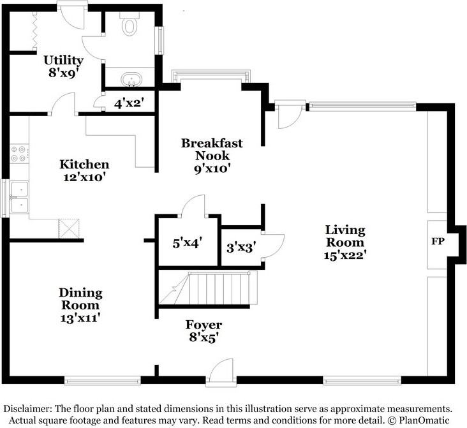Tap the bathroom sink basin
131,78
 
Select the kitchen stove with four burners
19,153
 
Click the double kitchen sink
19,197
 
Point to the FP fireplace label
438,241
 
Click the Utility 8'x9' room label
63,66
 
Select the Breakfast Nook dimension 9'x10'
212,169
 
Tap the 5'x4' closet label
188,243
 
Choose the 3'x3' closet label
241,247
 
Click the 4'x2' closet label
129,103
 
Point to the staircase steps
219,288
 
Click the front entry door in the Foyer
221,373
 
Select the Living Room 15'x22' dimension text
345,255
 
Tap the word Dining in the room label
81,293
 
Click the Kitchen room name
84,164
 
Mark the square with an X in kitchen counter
69,229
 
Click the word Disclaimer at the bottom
27,408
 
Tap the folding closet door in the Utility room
34,31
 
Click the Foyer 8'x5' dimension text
204,338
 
